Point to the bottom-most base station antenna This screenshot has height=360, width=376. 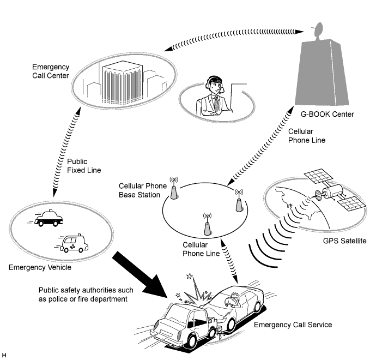click(207, 224)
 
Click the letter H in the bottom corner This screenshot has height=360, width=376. click(4, 356)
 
